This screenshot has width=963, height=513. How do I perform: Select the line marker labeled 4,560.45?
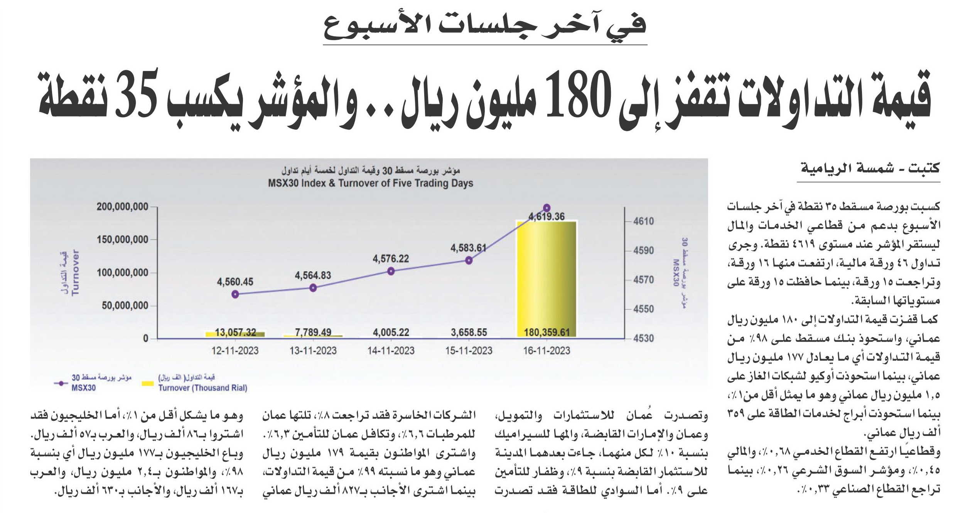coord(235,294)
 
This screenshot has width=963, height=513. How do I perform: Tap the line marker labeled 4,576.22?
coord(391,271)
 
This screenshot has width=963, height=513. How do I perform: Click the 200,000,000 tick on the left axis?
coord(123,207)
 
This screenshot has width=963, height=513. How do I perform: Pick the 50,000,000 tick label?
coord(125,306)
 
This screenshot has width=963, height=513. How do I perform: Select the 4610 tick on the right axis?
coord(644,221)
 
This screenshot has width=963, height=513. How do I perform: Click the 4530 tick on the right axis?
coord(644,338)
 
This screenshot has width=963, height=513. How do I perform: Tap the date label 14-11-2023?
coord(391,351)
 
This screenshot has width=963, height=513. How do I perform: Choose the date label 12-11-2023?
coord(235,351)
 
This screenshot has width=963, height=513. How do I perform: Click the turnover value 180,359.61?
coord(546,332)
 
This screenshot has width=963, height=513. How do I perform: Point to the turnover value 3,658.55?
coord(469,332)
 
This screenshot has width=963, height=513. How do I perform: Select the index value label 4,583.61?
coord(469,248)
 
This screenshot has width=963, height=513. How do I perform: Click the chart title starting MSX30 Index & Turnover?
coord(371,183)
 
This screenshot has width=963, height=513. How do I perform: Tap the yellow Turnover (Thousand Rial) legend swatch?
coord(148,383)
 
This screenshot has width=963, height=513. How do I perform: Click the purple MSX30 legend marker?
coord(61,383)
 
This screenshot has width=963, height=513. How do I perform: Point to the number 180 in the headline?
coord(578,96)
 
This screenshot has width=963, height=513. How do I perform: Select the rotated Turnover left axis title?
coord(75,272)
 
